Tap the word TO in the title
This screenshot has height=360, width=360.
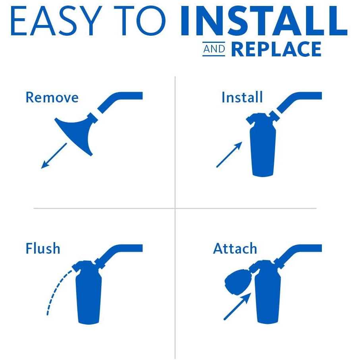tap(140, 21)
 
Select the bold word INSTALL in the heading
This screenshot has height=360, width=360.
tap(264, 21)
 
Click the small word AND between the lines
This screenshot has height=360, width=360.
tap(214, 49)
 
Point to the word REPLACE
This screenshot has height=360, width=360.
tap(276, 49)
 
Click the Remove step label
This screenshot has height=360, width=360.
tap(52, 97)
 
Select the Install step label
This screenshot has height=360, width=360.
tap(242, 97)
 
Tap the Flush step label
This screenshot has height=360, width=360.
tap(43, 248)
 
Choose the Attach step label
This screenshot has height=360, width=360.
tap(235, 248)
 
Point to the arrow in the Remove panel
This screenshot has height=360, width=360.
tap(54, 156)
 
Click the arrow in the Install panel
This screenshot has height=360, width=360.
tap(229, 154)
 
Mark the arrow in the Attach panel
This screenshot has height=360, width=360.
tap(237, 306)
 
